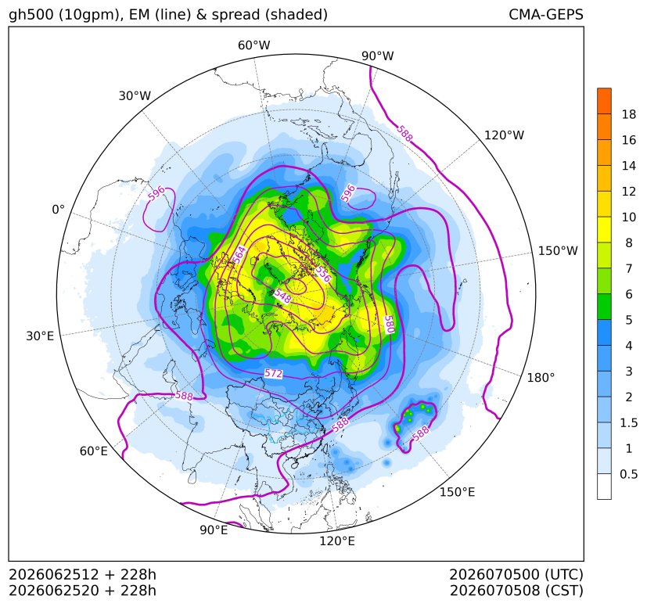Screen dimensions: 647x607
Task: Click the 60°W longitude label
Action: pos(253,45)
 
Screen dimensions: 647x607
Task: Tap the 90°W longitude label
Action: pos(378,56)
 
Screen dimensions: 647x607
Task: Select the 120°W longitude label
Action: pos(505,135)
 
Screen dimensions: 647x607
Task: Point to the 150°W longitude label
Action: pos(558,250)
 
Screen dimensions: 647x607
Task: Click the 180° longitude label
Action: pos(541,378)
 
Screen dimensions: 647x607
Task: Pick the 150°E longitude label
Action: pos(457,492)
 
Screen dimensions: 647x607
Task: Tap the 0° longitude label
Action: pos(58,210)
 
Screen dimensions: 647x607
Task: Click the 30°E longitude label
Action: pos(40,336)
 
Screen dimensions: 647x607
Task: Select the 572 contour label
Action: pos(274,373)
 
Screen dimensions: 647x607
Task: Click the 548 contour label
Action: pos(282,296)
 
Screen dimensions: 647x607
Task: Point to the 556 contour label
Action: pos(323,274)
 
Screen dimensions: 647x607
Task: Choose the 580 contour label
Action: pos(389,325)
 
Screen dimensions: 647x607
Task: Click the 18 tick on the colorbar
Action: pos(629,114)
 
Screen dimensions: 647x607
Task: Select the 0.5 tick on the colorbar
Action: pos(629,474)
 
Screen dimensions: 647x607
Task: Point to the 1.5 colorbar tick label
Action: pos(629,422)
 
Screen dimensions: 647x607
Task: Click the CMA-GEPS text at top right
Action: pos(546,14)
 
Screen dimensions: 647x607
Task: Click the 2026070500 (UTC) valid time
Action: pos(516,574)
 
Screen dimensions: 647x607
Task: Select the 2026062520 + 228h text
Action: pos(82,591)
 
